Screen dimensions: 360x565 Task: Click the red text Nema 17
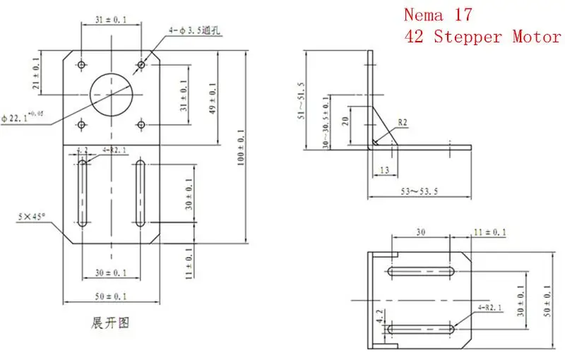(x=437, y=14)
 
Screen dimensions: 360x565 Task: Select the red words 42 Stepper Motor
(x=482, y=37)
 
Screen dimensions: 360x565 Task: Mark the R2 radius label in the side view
(x=403, y=123)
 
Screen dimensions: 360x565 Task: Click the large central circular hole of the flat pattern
(x=111, y=95)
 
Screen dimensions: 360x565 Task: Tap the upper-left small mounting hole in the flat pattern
(x=83, y=64)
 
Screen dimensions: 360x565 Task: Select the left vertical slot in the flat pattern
(x=83, y=193)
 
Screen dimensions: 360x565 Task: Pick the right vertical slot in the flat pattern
(x=140, y=193)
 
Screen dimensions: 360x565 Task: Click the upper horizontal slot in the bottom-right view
(x=421, y=270)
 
